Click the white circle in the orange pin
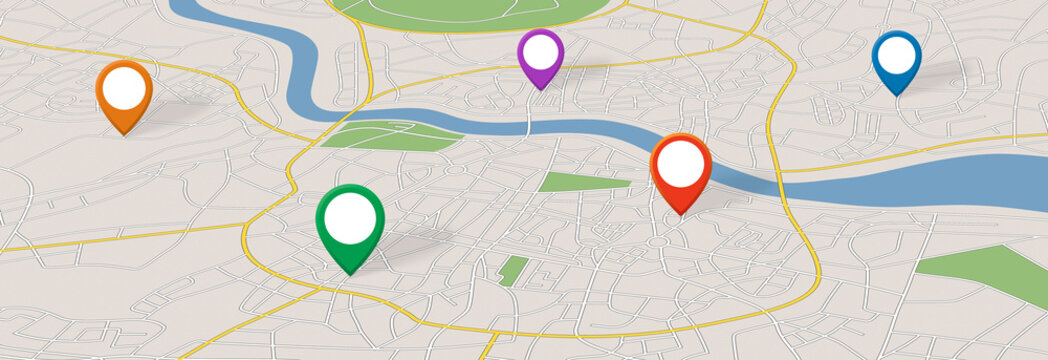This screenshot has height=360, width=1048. [x=124, y=88]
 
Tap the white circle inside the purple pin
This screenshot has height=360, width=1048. [x=540, y=52]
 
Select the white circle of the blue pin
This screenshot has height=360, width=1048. [x=896, y=54]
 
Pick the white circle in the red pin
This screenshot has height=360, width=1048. [x=680, y=162]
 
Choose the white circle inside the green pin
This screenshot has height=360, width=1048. [x=350, y=215]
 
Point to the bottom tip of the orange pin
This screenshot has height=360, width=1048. [x=124, y=134]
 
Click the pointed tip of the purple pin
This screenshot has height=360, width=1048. [x=540, y=90]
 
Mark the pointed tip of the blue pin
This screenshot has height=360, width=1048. [x=896, y=96]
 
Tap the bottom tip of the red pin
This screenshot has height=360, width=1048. [x=680, y=214]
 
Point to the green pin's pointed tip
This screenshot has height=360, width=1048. [x=350, y=275]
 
